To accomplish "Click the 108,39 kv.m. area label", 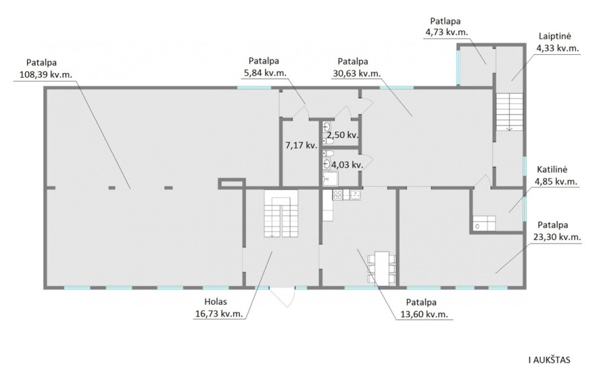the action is [45, 75].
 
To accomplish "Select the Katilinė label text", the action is [552, 170].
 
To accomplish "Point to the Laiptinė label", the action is [555, 36].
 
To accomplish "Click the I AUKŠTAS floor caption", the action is [549, 360].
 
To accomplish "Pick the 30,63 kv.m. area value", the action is [357, 74].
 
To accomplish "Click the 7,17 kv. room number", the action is [301, 145].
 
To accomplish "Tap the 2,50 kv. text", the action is [342, 135].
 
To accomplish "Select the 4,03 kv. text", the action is [347, 166].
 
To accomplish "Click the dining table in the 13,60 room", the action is [382, 268].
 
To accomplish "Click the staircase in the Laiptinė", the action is [510, 111].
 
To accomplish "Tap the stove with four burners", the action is [337, 195].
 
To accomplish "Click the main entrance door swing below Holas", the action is [282, 297].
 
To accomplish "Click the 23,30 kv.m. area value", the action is [558, 237].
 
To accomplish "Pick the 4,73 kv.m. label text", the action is [447, 32].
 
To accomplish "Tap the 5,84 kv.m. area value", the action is [265, 73].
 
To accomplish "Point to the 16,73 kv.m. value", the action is [219, 313].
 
